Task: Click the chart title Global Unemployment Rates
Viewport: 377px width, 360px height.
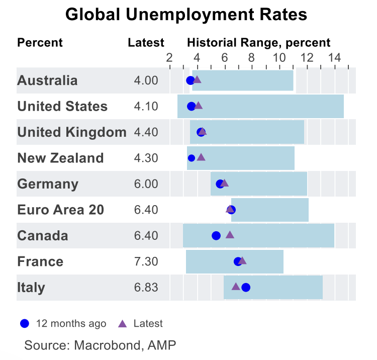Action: pyautogui.click(x=186, y=15)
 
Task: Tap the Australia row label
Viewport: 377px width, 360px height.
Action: pyautogui.click(x=47, y=80)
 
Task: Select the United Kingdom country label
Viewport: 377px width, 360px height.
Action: pyautogui.click(x=71, y=132)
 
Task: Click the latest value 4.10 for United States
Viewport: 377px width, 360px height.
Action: pyautogui.click(x=146, y=107)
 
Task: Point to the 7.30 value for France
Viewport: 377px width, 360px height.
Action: pyautogui.click(x=146, y=261)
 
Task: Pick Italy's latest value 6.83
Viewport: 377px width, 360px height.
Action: pyautogui.click(x=146, y=288)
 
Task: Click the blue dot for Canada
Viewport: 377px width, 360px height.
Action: pyautogui.click(x=216, y=235)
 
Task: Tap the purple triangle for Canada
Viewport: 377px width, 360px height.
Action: pyautogui.click(x=230, y=234)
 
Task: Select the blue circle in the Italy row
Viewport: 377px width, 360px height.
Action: pyautogui.click(x=246, y=288)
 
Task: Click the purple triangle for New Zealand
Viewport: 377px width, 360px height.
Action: pyautogui.click(x=201, y=157)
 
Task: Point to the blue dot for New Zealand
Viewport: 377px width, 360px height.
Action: pyautogui.click(x=192, y=158)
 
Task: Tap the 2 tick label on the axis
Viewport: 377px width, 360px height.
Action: pyautogui.click(x=169, y=57)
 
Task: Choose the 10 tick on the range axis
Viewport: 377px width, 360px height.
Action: pyautogui.click(x=278, y=57)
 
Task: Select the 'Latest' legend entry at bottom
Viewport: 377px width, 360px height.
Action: pyautogui.click(x=141, y=323)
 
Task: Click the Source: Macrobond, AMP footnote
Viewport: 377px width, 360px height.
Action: pyautogui.click(x=101, y=345)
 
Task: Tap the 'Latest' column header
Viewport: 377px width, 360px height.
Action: pyautogui.click(x=146, y=42)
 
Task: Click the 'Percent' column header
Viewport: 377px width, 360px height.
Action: pyautogui.click(x=40, y=42)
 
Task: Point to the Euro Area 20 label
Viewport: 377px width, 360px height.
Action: pyautogui.click(x=60, y=210)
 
